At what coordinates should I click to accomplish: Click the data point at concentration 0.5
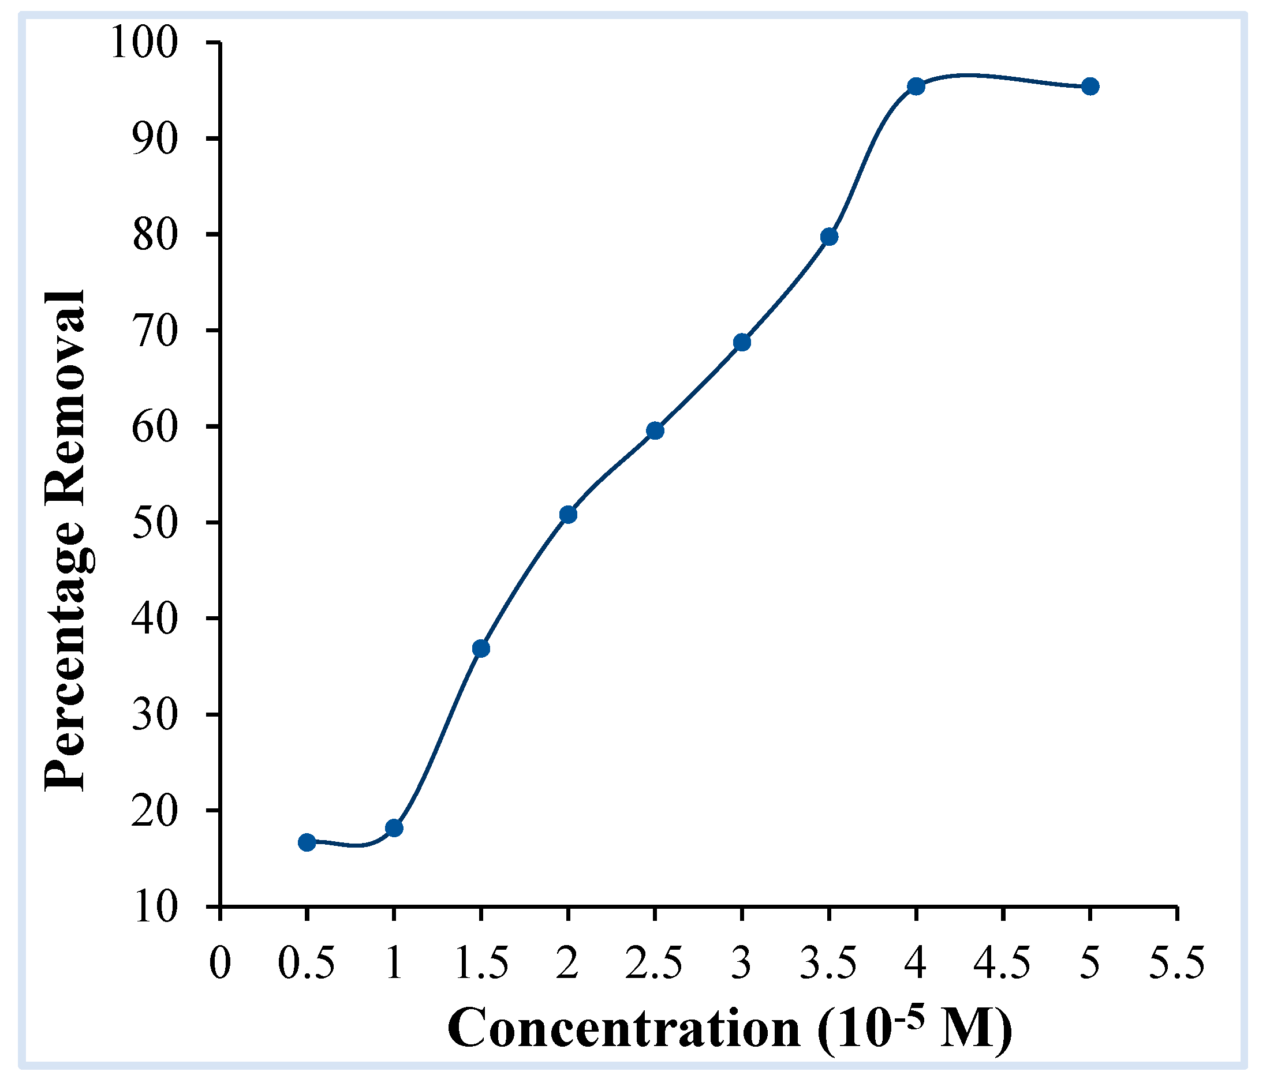click(x=307, y=842)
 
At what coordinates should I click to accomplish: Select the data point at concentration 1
click(x=394, y=828)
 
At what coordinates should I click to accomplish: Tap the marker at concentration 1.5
click(x=481, y=649)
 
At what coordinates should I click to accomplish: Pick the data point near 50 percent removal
click(x=568, y=515)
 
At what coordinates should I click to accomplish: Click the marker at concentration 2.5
click(x=655, y=430)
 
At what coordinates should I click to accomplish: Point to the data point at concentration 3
click(x=742, y=342)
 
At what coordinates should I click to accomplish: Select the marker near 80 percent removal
click(x=830, y=237)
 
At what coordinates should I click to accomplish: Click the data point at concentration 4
click(x=916, y=87)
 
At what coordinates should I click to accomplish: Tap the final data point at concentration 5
click(x=1090, y=87)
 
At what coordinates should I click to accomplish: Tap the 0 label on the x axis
click(x=219, y=964)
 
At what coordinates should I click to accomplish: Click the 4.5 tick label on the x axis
click(x=1003, y=964)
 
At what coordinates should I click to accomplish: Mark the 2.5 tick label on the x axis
click(x=655, y=964)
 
